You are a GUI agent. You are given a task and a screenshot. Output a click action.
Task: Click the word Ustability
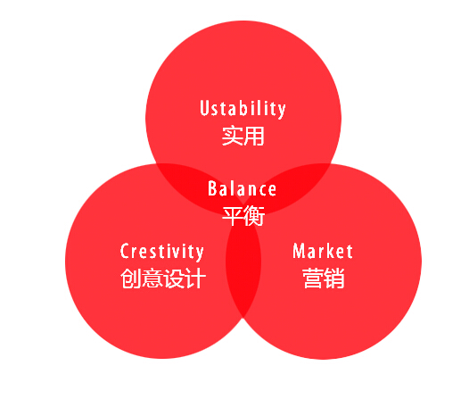tap(243, 109)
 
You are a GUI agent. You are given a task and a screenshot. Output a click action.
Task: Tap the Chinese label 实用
tap(243, 136)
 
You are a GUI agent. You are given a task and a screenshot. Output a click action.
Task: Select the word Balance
tap(242, 188)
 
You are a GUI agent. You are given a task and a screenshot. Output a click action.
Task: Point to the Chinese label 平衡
tap(243, 215)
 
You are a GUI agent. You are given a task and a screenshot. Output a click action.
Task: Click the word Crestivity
tap(161, 252)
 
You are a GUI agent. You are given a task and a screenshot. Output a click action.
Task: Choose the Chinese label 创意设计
tap(163, 278)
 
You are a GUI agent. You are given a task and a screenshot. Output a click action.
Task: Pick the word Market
tap(323, 251)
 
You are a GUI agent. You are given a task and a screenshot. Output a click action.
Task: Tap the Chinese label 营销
tap(324, 278)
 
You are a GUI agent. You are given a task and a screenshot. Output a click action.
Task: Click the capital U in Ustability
tap(204, 107)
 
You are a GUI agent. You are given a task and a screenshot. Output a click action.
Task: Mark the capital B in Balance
tap(212, 188)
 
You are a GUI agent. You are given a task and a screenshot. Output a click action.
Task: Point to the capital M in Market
tap(299, 251)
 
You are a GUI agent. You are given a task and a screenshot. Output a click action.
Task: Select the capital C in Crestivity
tap(125, 251)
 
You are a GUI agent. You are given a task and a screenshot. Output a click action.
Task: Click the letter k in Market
tap(331, 251)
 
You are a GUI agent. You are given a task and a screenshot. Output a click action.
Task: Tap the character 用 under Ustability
tap(254, 136)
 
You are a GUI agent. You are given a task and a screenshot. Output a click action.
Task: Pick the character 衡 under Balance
tap(254, 216)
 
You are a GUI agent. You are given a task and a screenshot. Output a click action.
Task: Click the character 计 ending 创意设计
tap(196, 278)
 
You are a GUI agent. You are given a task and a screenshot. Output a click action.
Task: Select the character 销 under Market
tap(334, 278)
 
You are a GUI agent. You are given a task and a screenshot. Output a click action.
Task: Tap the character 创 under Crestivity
tap(131, 278)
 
